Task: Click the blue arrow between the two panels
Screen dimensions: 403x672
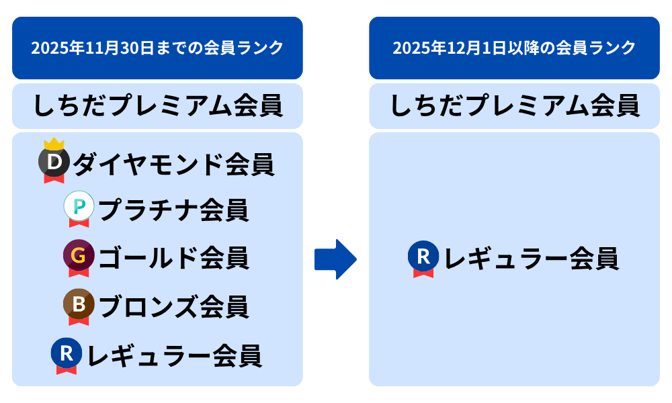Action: [335, 259]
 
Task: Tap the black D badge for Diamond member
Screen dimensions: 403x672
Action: [55, 162]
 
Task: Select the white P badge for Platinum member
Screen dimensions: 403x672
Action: [79, 208]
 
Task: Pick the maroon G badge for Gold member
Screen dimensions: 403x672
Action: [79, 256]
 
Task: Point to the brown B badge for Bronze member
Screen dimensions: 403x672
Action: [79, 304]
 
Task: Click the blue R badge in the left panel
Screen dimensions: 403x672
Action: [67, 353]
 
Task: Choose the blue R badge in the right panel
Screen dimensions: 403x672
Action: [423, 257]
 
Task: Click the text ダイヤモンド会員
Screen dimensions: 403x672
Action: [173, 163]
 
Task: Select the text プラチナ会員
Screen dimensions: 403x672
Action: [173, 210]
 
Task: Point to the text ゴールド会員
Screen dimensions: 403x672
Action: [173, 258]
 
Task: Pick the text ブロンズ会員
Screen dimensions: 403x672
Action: [173, 306]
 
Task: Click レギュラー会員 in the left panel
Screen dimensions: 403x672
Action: [174, 355]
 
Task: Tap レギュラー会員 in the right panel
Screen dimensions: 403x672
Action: [531, 259]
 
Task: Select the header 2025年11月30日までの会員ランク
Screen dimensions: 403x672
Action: [157, 48]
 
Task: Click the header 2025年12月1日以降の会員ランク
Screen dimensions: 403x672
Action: [514, 48]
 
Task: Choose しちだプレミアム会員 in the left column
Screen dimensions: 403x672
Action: [157, 106]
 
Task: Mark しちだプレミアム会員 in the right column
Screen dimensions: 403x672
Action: [514, 106]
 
